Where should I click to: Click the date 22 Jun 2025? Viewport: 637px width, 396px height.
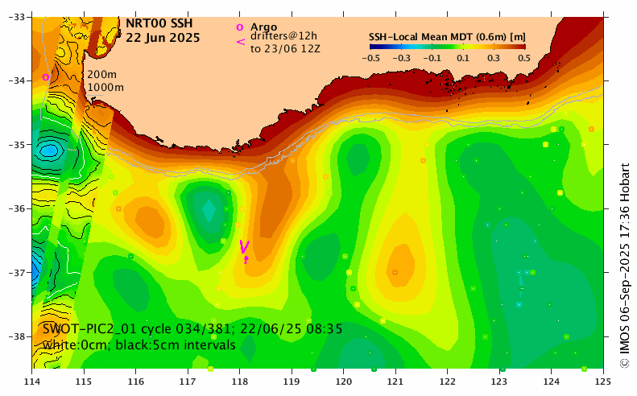pyautogui.click(x=163, y=38)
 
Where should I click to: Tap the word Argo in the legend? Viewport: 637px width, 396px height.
pyautogui.click(x=263, y=27)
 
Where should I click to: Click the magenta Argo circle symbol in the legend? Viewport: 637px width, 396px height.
pyautogui.click(x=239, y=27)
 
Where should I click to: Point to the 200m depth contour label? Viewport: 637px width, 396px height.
pyautogui.click(x=102, y=75)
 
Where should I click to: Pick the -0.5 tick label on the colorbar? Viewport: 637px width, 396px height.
pyautogui.click(x=371, y=58)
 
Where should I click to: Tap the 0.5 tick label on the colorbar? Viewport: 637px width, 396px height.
pyautogui.click(x=524, y=58)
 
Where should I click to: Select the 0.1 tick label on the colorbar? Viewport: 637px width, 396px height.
pyautogui.click(x=463, y=58)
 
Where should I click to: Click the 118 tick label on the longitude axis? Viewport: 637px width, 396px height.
pyautogui.click(x=240, y=381)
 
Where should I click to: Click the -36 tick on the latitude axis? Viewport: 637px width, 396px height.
pyautogui.click(x=19, y=208)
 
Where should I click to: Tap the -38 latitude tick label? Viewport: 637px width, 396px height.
pyautogui.click(x=19, y=336)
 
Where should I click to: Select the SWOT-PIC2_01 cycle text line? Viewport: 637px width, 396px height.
pyautogui.click(x=193, y=329)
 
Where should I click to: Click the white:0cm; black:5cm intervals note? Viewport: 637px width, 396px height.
pyautogui.click(x=139, y=344)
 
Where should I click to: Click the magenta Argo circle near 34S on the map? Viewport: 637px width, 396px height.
pyautogui.click(x=46, y=77)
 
